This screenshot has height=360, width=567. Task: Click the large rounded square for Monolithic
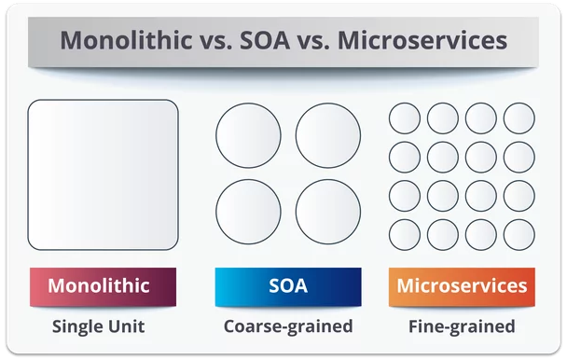point(103,174)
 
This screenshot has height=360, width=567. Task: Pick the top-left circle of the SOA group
point(248,135)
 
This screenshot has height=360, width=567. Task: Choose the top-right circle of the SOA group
point(328,135)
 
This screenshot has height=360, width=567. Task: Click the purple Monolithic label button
point(103,286)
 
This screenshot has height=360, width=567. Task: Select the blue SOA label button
point(287,286)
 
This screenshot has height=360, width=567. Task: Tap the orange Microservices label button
point(462,286)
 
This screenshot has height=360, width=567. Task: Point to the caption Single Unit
point(98,326)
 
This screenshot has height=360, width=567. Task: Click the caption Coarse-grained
point(287,326)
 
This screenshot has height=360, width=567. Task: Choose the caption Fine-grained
point(462,326)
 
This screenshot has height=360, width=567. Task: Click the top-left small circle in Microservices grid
point(405,118)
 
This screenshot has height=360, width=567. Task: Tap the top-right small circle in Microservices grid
point(519,118)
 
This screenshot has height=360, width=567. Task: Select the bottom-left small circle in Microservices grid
point(405,234)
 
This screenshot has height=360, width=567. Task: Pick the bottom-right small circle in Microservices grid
point(519,234)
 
